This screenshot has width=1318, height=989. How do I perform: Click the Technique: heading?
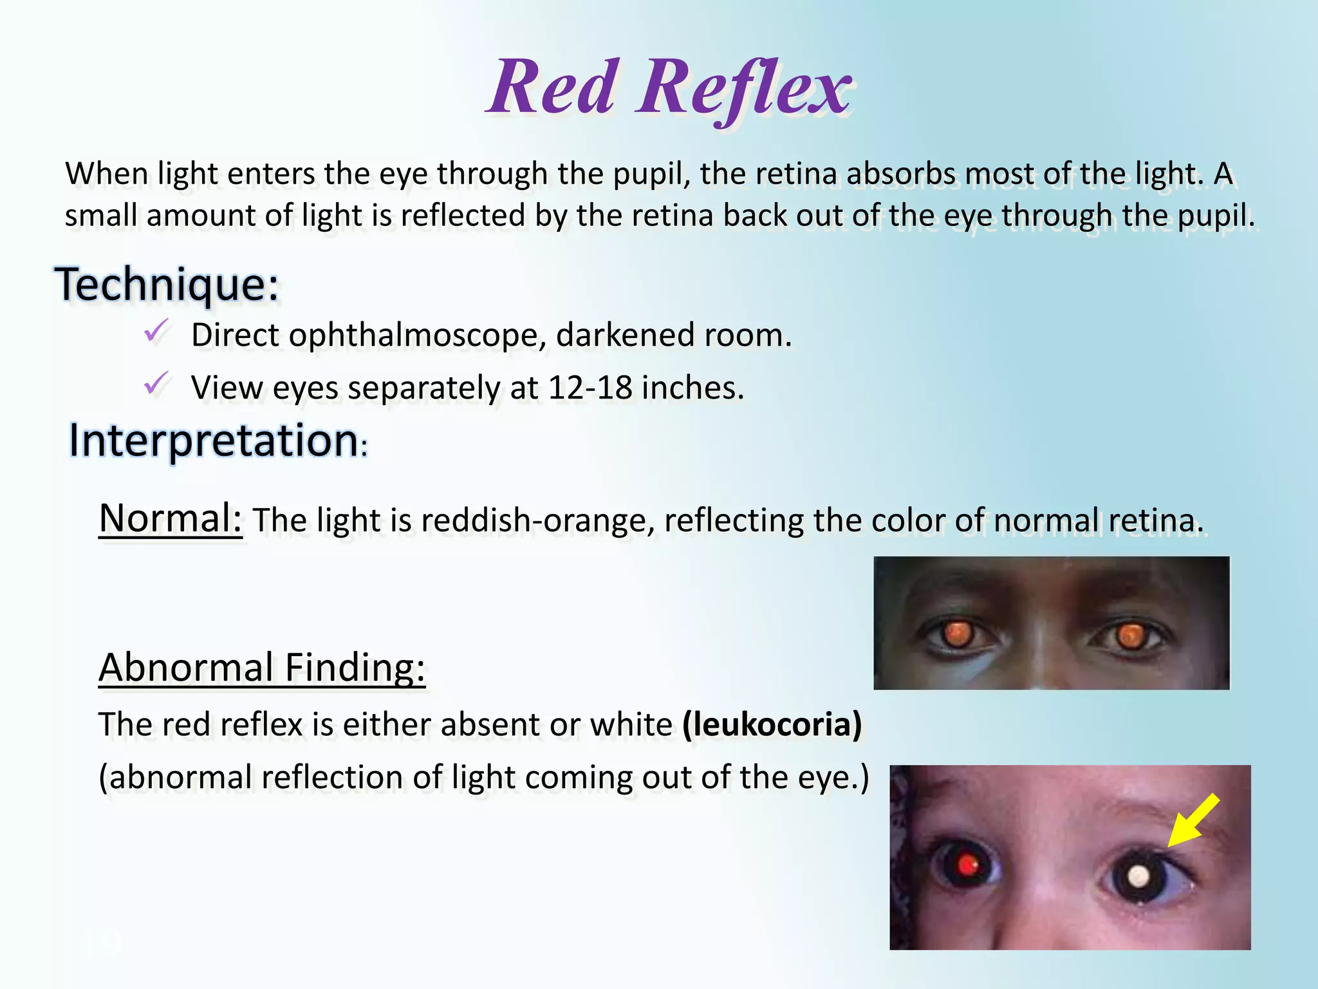(167, 285)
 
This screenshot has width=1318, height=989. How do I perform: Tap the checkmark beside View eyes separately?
(156, 384)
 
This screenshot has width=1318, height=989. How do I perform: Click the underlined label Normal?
(171, 518)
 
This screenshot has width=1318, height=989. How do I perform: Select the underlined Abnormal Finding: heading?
(262, 668)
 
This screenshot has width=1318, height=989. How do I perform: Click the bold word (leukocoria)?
(772, 725)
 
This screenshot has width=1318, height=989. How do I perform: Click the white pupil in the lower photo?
(1139, 876)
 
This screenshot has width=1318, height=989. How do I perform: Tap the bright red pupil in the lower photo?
(967, 865)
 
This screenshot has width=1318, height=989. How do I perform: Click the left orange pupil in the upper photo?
(958, 634)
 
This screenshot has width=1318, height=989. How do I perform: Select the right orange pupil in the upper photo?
(1129, 636)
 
